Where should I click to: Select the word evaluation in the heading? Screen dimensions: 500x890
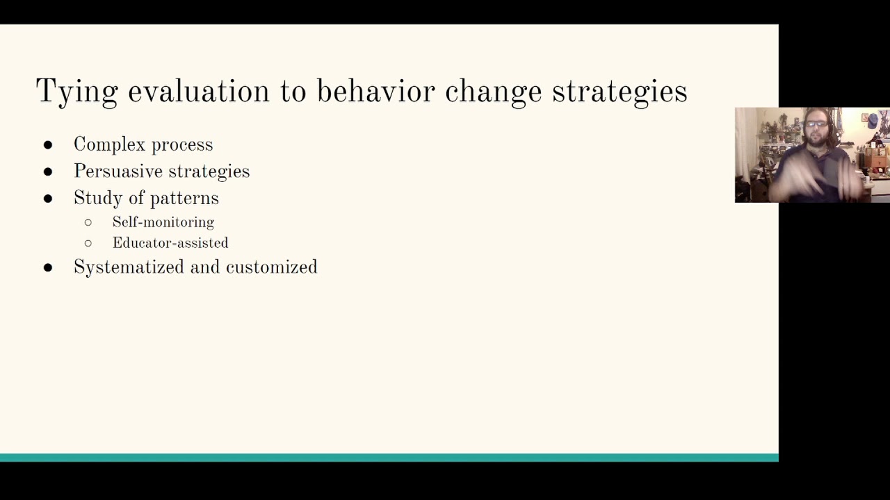coord(198,91)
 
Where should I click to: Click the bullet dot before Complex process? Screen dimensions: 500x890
coord(48,144)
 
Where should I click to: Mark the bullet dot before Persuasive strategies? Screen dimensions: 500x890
coord(48,172)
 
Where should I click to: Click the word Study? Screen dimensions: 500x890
coord(95,199)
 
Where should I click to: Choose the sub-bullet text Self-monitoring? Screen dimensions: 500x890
coord(163,222)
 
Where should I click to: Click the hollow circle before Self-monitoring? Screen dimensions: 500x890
coord(88,222)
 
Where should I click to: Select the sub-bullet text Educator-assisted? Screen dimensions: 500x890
coord(170,243)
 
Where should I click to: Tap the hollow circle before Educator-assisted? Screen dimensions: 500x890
coord(88,243)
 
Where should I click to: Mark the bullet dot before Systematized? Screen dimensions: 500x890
coord(48,267)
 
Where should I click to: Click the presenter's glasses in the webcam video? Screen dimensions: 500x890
coord(816,125)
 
